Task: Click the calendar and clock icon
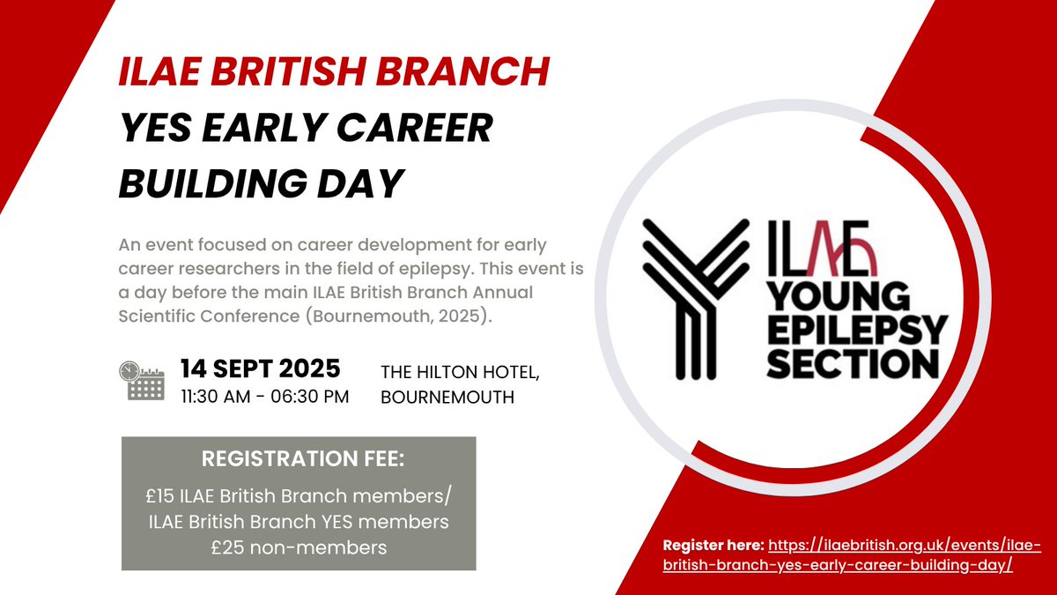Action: pyautogui.click(x=141, y=380)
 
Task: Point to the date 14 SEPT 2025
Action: pyautogui.click(x=260, y=368)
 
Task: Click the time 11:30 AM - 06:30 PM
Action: pyautogui.click(x=264, y=396)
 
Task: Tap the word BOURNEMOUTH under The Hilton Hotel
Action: pyautogui.click(x=447, y=398)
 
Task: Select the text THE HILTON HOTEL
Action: pyautogui.click(x=459, y=374)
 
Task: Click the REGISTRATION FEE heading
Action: pyautogui.click(x=298, y=460)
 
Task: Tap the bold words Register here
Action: pyautogui.click(x=713, y=547)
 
